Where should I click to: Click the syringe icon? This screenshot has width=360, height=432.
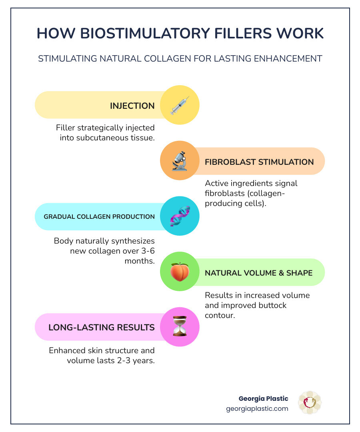tap(180, 106)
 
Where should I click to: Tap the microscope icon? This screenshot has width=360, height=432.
tap(180, 161)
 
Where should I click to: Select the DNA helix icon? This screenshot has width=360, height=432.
tap(180, 216)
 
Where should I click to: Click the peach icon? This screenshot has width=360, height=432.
tap(180, 272)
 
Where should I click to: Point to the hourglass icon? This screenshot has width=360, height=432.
tap(180, 326)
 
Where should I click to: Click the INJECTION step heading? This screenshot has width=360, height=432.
tap(132, 106)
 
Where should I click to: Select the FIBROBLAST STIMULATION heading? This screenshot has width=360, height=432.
tap(259, 162)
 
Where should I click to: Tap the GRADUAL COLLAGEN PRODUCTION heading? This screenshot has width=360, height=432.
tap(99, 216)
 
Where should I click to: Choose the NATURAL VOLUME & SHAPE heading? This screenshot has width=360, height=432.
tap(259, 273)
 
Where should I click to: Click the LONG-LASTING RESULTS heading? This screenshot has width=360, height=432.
tap(102, 327)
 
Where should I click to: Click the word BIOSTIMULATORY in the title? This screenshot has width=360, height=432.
tap(145, 33)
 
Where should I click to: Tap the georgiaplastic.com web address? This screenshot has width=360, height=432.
tap(257, 408)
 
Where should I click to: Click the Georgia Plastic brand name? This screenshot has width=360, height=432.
tap(263, 399)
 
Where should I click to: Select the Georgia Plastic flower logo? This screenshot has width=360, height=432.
tap(310, 402)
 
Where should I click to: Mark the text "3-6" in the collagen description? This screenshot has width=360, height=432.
tap(148, 251)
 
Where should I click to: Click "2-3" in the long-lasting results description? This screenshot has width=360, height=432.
tap(124, 361)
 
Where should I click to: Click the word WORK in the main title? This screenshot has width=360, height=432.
tap(300, 33)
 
